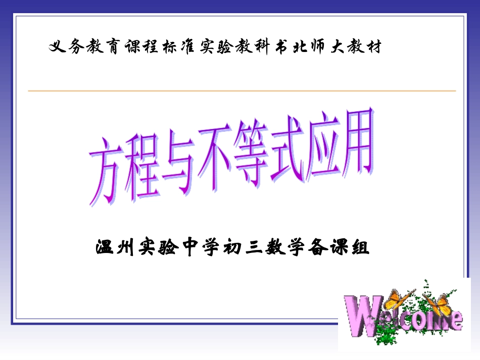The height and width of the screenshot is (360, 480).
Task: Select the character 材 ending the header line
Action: [372, 47]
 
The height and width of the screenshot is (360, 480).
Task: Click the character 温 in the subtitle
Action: [104, 248]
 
